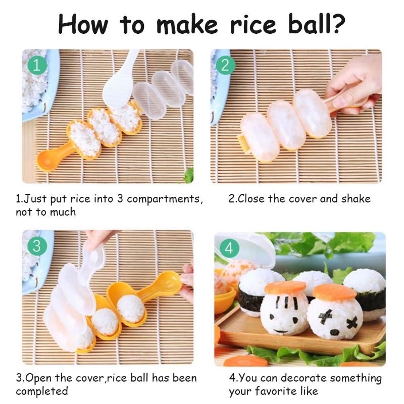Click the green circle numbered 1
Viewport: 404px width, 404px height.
[36, 64]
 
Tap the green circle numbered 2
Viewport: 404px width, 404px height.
[225, 64]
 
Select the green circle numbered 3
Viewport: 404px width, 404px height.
[36, 246]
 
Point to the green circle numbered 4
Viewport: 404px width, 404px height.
[229, 248]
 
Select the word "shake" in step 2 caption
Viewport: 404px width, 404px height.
[356, 198]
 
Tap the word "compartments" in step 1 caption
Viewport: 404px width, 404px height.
[165, 198]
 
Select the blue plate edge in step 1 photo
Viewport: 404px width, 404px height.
[50, 101]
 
